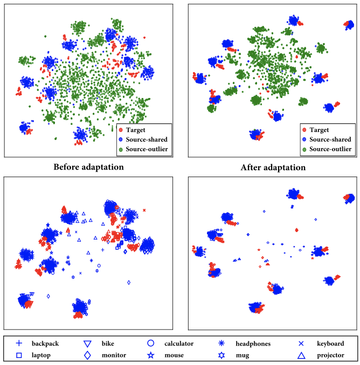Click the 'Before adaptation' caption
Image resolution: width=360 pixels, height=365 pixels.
[88, 167]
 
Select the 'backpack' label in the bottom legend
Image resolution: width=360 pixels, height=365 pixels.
[45, 343]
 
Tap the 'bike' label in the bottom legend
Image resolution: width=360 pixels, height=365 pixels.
[108, 343]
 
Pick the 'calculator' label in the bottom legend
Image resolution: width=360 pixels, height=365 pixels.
[179, 343]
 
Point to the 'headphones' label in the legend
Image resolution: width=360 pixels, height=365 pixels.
[253, 343]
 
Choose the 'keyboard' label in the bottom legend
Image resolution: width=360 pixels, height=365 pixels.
[330, 343]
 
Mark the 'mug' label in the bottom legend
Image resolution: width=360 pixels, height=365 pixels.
[242, 355]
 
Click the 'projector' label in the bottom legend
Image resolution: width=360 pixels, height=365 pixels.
[330, 355]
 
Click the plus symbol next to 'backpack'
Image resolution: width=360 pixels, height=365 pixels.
[19, 343]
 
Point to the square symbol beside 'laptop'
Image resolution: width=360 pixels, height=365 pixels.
[19, 355]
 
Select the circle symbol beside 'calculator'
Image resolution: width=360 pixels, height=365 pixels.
[151, 343]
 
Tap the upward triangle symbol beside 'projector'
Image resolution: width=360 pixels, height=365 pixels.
[302, 355]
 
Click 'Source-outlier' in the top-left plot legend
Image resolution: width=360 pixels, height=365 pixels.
[147, 149]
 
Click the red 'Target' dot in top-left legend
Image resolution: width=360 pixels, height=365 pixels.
[120, 130]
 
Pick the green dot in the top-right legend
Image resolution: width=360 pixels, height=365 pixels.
[304, 149]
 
